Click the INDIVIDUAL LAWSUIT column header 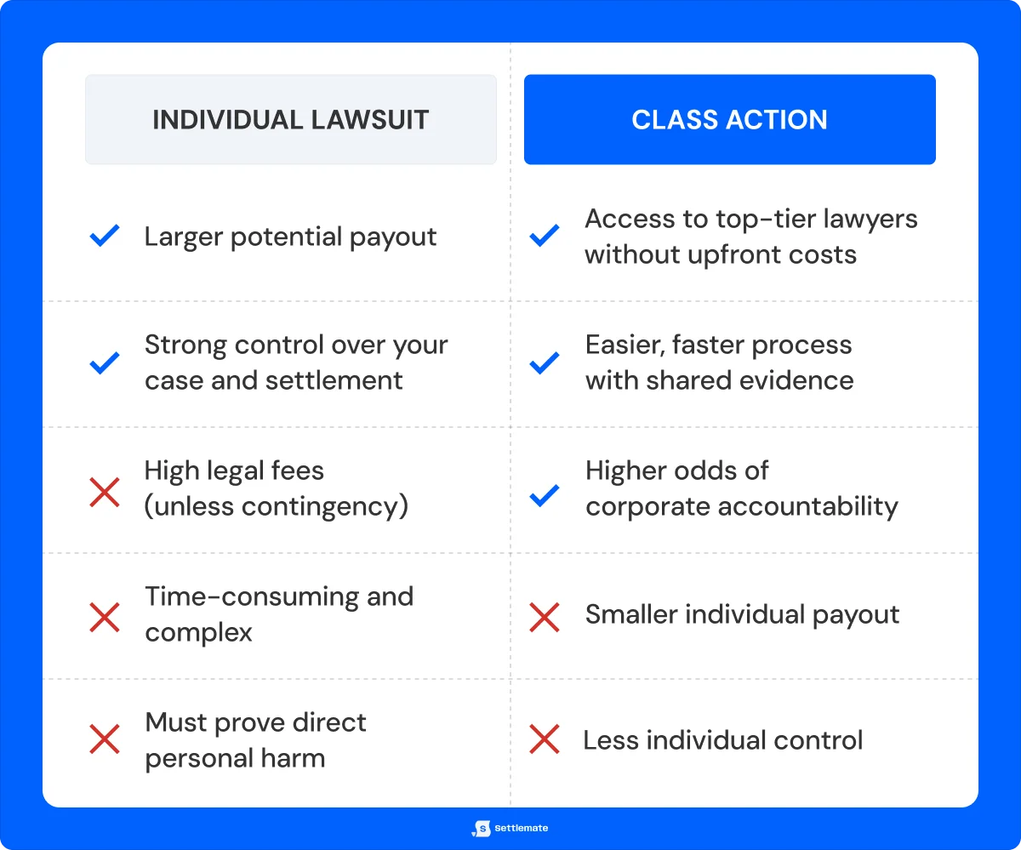(x=290, y=119)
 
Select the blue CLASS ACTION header (x=729, y=119)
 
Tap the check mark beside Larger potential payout (x=105, y=237)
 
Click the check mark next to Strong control (x=105, y=363)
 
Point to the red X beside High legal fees (x=105, y=491)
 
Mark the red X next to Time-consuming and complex (x=105, y=617)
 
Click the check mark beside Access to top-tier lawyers (x=545, y=237)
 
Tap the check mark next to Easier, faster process (x=545, y=363)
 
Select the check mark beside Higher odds (x=545, y=494)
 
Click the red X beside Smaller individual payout (x=545, y=617)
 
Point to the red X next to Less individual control (x=545, y=740)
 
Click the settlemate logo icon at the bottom (x=482, y=828)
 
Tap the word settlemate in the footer (x=522, y=828)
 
